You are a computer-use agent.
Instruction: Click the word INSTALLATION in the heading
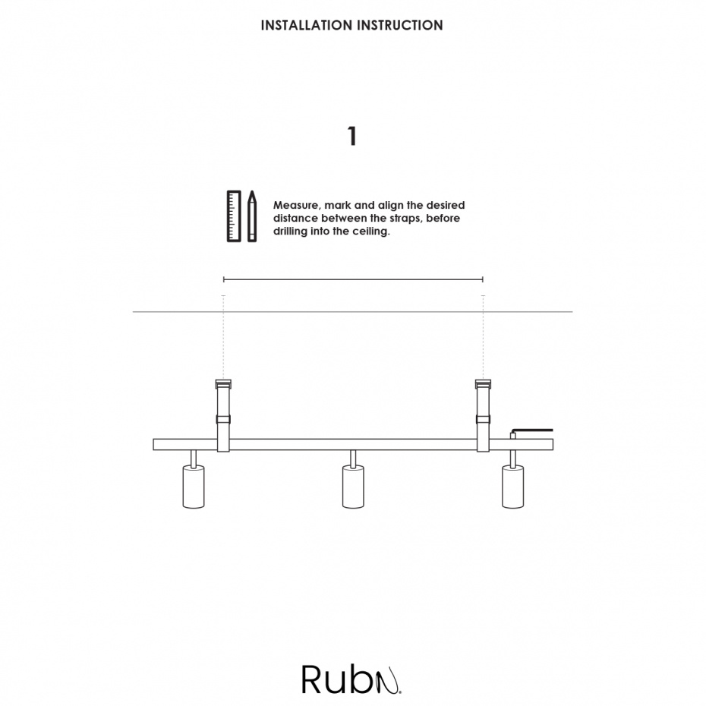[x=307, y=25]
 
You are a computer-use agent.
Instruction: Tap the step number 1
[x=352, y=136]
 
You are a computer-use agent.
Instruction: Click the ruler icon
[x=234, y=216]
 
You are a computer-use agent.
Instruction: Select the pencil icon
[x=252, y=216]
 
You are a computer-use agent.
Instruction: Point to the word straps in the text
[x=405, y=219]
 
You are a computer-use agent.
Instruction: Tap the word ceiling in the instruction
[x=371, y=232]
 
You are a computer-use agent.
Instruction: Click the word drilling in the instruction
[x=290, y=232]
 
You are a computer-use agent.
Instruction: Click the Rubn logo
[x=351, y=679]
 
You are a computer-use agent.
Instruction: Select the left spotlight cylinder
[x=194, y=487]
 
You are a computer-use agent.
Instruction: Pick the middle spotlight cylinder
[x=353, y=487]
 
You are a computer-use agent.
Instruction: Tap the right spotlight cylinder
[x=513, y=487]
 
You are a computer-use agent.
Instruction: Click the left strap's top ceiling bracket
[x=223, y=383]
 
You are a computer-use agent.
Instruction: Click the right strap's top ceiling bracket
[x=483, y=383]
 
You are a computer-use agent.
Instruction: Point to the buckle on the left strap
[x=223, y=419]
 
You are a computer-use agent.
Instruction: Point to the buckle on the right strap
[x=483, y=419]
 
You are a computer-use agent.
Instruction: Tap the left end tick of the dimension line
[x=224, y=279]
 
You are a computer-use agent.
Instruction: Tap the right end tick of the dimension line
[x=483, y=279]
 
